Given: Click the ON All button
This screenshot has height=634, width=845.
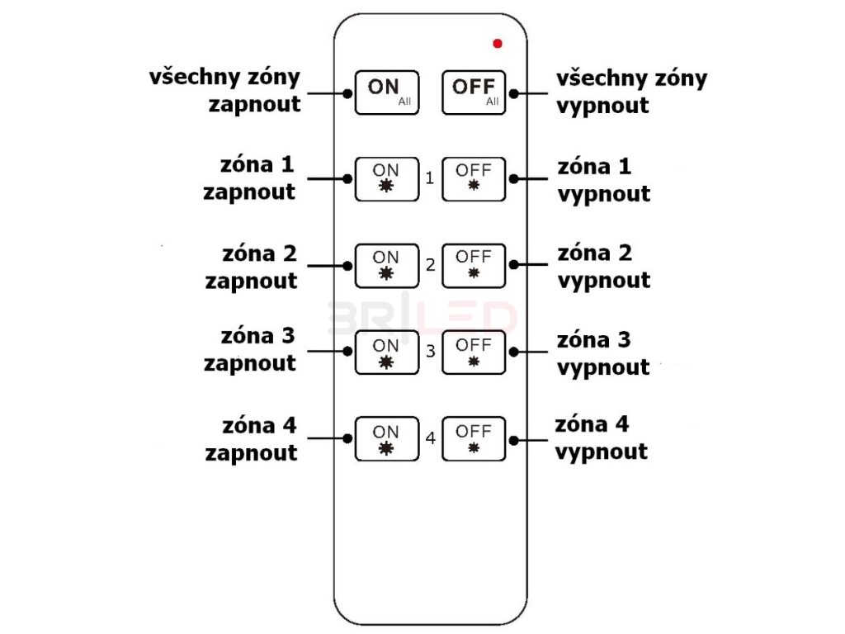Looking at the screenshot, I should pyautogui.click(x=386, y=92).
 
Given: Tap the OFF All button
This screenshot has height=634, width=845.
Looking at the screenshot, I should pyautogui.click(x=474, y=92).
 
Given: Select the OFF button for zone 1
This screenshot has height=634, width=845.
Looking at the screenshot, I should pyautogui.click(x=474, y=177).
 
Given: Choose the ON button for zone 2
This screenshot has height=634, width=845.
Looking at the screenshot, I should pyautogui.click(x=386, y=264).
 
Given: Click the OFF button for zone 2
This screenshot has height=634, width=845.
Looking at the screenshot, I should pyautogui.click(x=474, y=264).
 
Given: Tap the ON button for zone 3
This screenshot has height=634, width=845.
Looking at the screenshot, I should pyautogui.click(x=386, y=351).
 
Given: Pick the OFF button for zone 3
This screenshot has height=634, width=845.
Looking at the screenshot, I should pyautogui.click(x=474, y=351).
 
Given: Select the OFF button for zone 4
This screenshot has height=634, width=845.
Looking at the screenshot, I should pyautogui.click(x=474, y=438).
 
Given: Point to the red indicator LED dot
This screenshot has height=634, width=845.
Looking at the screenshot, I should pyautogui.click(x=498, y=43).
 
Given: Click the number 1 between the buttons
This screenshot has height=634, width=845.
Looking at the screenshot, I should pyautogui.click(x=430, y=178).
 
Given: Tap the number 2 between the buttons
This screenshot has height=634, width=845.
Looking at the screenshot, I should pyautogui.click(x=430, y=265).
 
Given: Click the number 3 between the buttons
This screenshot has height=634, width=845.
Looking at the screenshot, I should pyautogui.click(x=430, y=352).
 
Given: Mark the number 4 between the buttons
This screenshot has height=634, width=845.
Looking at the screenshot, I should pyautogui.click(x=430, y=438).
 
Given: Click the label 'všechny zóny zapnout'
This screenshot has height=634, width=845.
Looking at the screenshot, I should pyautogui.click(x=224, y=91).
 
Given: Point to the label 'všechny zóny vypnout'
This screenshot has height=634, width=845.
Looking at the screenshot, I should pyautogui.click(x=632, y=92).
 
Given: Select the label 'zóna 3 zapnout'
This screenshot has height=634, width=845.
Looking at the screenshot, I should pyautogui.click(x=250, y=350).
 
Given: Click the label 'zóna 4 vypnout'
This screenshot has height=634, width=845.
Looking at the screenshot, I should pyautogui.click(x=601, y=438).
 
